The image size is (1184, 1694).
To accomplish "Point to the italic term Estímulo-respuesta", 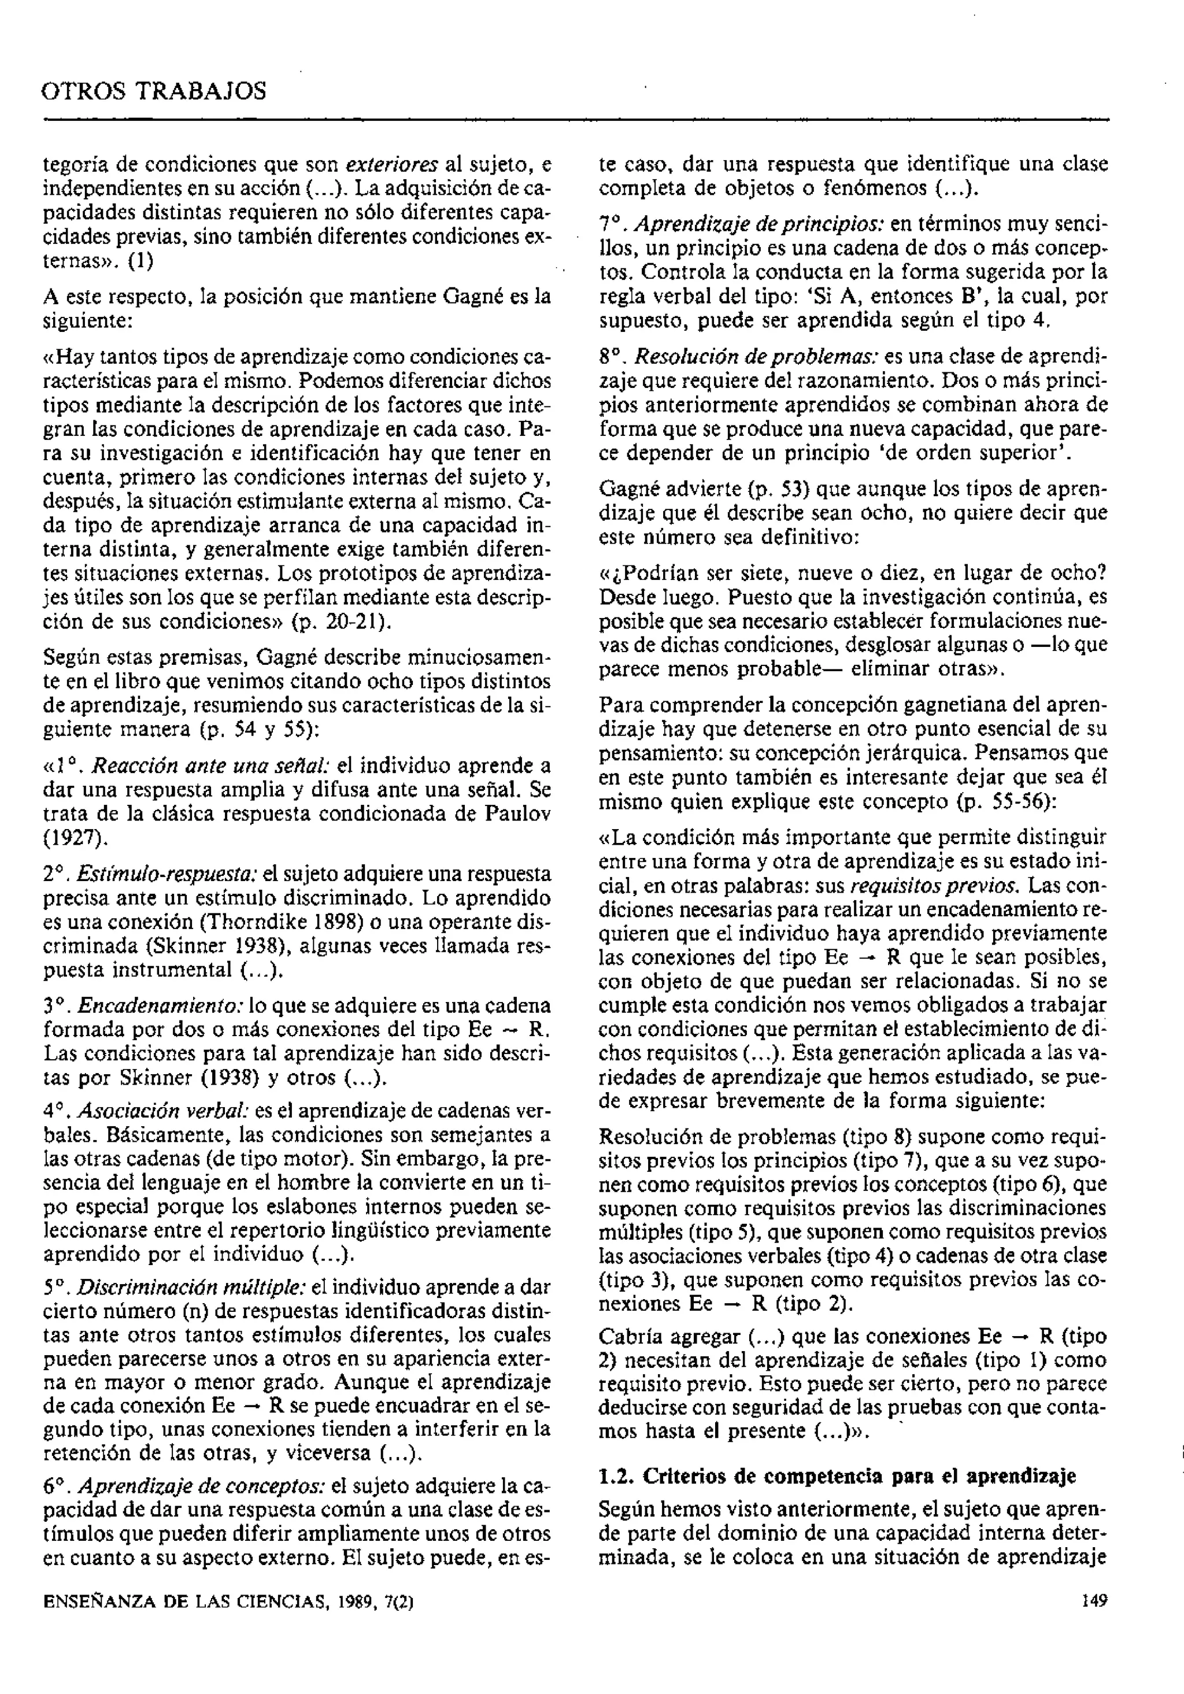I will point(166,874).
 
